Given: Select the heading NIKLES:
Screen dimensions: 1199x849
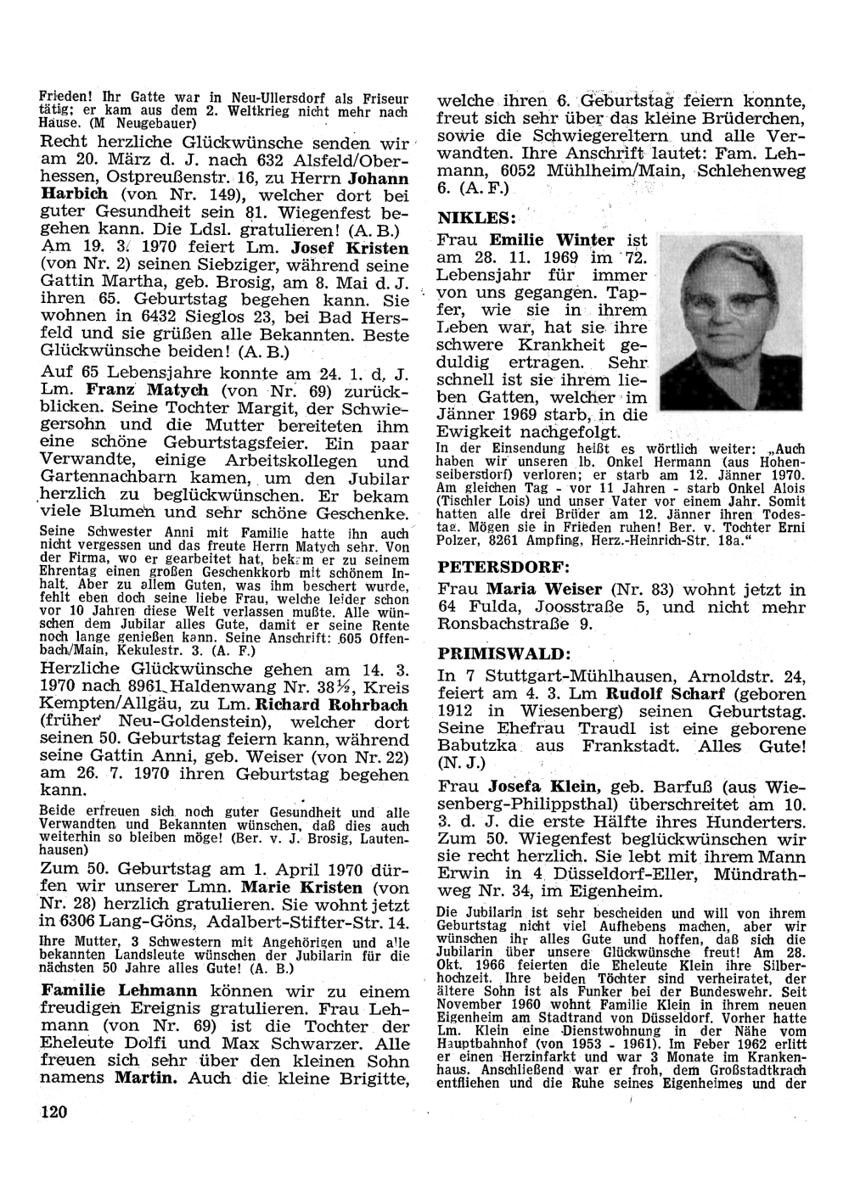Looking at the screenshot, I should tap(476, 216).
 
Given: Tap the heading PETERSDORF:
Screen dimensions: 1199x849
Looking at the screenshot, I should tap(503, 564).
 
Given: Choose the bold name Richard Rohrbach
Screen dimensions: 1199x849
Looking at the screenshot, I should tap(318, 704).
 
